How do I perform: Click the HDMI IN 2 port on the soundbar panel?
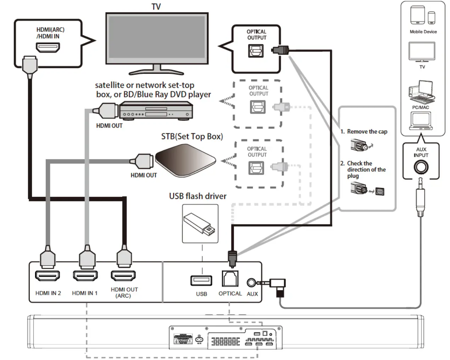pyautogui.click(x=47, y=275)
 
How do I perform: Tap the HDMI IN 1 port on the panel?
pyautogui.click(x=85, y=275)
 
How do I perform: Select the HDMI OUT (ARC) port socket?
pyautogui.click(x=123, y=275)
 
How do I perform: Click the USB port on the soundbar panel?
pyautogui.click(x=201, y=281)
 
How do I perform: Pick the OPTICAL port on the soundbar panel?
pyautogui.click(x=230, y=279)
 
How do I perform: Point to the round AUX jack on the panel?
pyautogui.click(x=251, y=282)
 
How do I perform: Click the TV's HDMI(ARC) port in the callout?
pyautogui.click(x=48, y=47)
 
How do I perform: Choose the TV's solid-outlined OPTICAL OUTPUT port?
pyautogui.click(x=256, y=51)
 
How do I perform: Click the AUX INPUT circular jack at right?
pyautogui.click(x=421, y=167)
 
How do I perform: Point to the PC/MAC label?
pyautogui.click(x=421, y=107)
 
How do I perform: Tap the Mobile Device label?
pyautogui.click(x=423, y=32)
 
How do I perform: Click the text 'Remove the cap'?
pyautogui.click(x=367, y=131)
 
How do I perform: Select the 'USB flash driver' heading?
pyautogui.click(x=198, y=196)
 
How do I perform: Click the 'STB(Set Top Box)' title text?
pyautogui.click(x=192, y=136)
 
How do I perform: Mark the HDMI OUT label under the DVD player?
pyautogui.click(x=109, y=126)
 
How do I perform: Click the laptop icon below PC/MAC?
pyautogui.click(x=421, y=121)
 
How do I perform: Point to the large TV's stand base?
pyautogui.click(x=156, y=72)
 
